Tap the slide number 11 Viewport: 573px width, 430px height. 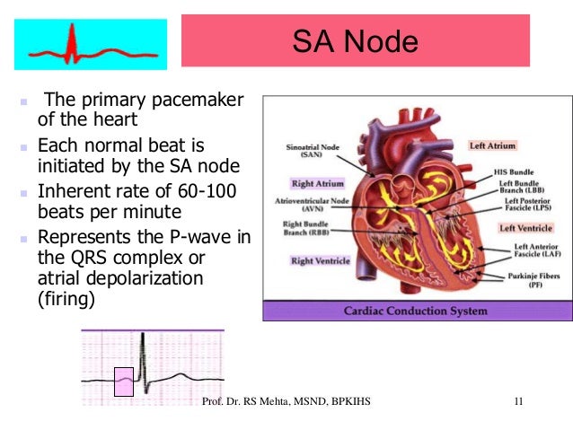pyautogui.click(x=519, y=413)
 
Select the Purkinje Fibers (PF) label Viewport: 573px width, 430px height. pyautogui.click(x=529, y=282)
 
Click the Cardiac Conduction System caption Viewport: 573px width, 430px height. pyautogui.click(x=417, y=312)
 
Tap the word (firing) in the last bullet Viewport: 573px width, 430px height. pyautogui.click(x=66, y=299)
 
